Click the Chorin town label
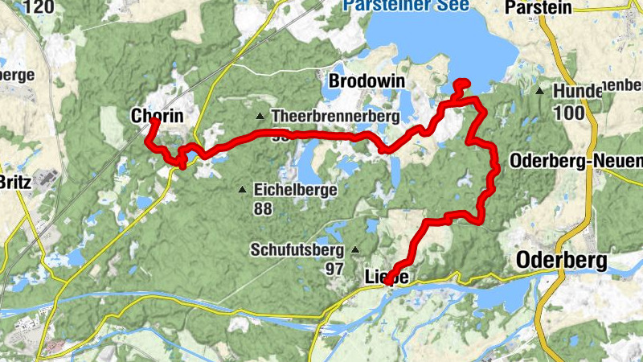[157, 117]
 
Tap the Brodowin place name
[367, 82]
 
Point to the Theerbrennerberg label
[335, 117]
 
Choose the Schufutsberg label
[297, 249]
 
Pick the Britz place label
[16, 181]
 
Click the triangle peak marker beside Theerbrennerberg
[260, 117]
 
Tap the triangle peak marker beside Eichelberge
[243, 190]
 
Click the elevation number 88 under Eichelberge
[262, 208]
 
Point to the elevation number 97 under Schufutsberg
[335, 268]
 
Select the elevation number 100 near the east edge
[568, 113]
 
